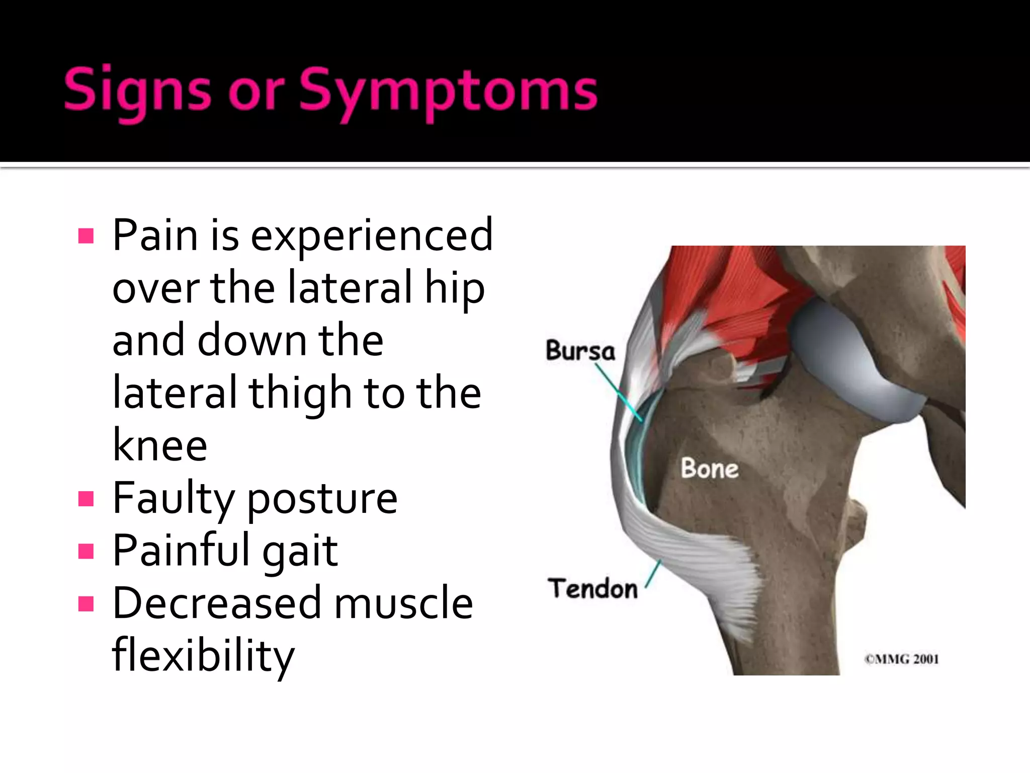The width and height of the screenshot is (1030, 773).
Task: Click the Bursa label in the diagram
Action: tap(580, 350)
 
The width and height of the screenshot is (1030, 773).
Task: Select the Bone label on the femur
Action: tap(710, 468)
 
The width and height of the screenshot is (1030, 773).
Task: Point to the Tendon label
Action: tap(593, 588)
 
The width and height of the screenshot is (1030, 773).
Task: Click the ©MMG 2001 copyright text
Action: tap(901, 659)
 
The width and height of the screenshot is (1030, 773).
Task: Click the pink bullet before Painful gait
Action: tap(87, 552)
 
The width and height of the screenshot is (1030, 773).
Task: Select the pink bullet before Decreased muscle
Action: tap(87, 604)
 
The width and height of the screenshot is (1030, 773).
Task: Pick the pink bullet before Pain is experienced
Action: tap(87, 236)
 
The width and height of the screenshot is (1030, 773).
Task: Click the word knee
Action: tap(160, 445)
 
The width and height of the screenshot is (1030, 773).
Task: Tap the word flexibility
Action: tap(203, 656)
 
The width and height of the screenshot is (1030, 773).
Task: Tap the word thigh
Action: tap(300, 393)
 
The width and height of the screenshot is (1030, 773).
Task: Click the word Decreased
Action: tap(217, 603)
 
